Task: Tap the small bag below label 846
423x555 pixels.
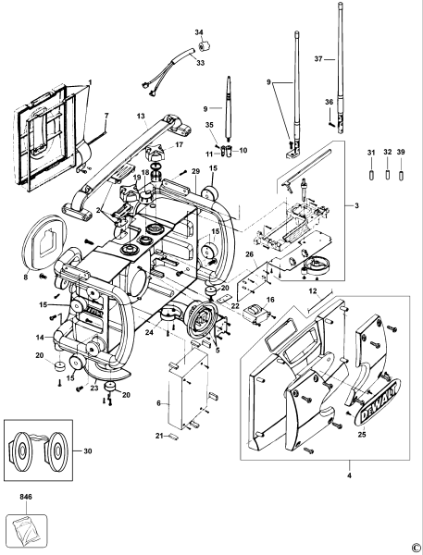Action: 25,528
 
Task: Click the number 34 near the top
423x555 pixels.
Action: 199,33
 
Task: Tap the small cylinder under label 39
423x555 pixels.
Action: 401,174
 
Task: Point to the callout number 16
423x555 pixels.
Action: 270,301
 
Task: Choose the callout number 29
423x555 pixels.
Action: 195,172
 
